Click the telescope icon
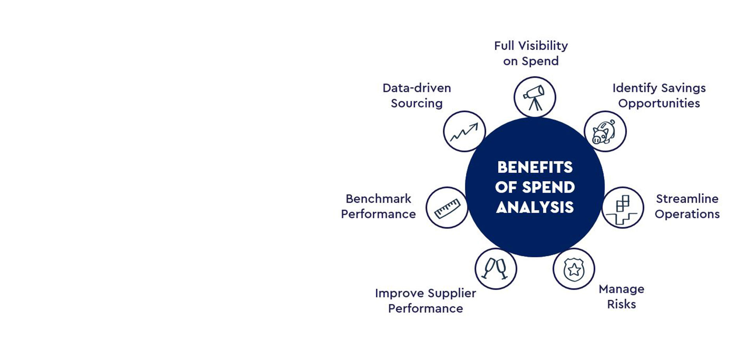[534, 97]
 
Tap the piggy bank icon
[604, 132]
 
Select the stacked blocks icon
[622, 208]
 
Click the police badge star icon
[574, 269]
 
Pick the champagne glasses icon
[495, 269]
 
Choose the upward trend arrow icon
[464, 132]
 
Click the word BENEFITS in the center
[535, 167]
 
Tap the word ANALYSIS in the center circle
[535, 207]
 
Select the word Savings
[683, 88]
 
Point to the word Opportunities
[659, 103]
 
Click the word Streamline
[687, 199]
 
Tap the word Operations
[687, 214]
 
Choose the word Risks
[621, 304]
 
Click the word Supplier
[452, 293]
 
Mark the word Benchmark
[378, 199]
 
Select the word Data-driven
[417, 88]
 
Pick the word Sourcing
[417, 103]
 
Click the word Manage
[621, 289]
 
